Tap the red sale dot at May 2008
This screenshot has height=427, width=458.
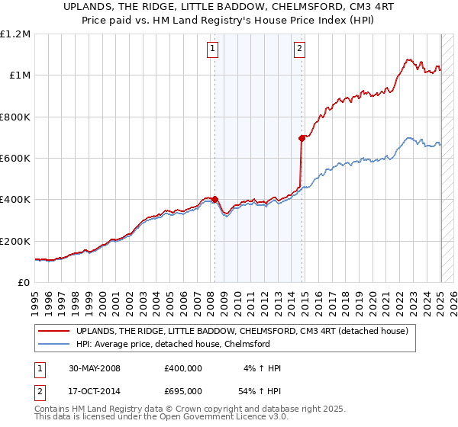point(214,200)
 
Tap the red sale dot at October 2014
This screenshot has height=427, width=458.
point(302,138)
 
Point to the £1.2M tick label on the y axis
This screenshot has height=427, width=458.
point(15,34)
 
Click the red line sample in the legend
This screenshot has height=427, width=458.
point(53,331)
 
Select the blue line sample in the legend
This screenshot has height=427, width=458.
point(53,344)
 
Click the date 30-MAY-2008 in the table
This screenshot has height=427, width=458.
point(92,368)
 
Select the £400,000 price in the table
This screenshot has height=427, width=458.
point(184,368)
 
